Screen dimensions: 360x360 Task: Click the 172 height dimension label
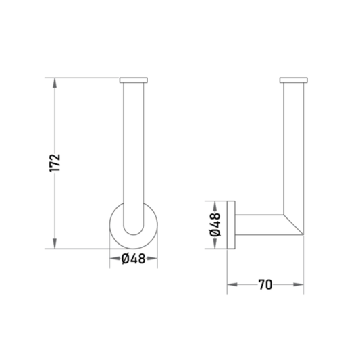point(55,163)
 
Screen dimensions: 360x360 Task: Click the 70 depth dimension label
point(265,285)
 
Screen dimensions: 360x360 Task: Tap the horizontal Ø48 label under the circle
point(133,259)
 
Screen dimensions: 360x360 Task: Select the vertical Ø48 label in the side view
point(215,224)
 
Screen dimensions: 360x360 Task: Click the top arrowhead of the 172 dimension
point(55,83)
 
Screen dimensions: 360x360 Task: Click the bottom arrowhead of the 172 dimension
point(55,244)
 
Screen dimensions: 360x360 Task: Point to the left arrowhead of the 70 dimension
point(232,285)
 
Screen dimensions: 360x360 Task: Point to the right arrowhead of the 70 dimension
point(299,285)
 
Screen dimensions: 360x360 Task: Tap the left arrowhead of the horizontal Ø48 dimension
point(115,259)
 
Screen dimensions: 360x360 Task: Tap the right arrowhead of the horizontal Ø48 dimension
point(152,259)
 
